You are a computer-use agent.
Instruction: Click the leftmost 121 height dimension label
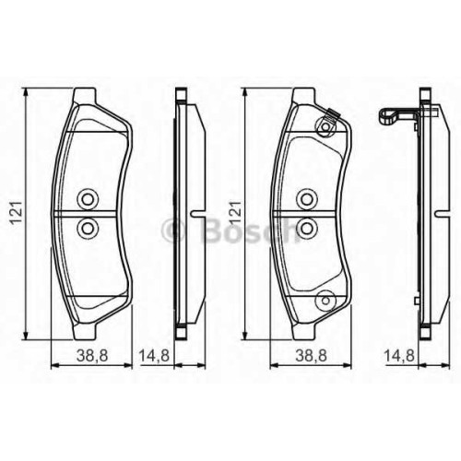17,213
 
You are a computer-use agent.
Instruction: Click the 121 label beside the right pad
235,213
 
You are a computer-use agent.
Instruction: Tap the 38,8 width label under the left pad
92,356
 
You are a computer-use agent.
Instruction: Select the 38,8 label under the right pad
311,356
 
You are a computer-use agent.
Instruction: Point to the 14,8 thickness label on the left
155,356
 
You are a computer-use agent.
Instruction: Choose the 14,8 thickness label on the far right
399,356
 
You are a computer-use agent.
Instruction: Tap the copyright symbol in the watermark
173,230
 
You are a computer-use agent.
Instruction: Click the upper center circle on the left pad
88,199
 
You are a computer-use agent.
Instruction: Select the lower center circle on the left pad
88,228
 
